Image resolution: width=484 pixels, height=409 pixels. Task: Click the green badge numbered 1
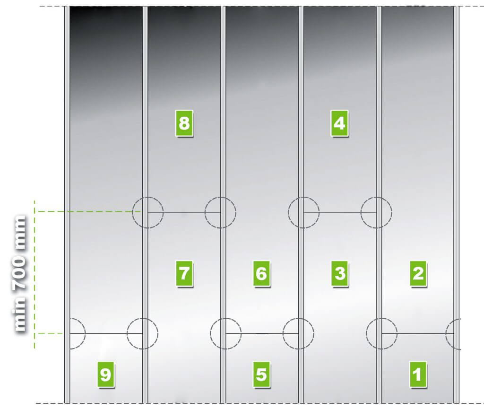pyautogui.click(x=418, y=374)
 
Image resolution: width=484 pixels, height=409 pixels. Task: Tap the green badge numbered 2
pyautogui.click(x=418, y=273)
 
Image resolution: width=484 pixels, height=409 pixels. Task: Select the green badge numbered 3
pyautogui.click(x=340, y=273)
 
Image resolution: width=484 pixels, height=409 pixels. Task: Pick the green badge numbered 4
pyautogui.click(x=339, y=123)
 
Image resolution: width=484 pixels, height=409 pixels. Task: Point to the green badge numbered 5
pyautogui.click(x=261, y=374)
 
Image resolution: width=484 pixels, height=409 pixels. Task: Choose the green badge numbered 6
pyautogui.click(x=261, y=273)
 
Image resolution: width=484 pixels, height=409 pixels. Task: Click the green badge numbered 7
pyautogui.click(x=184, y=273)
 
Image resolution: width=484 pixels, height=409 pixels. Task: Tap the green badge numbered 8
pyautogui.click(x=184, y=123)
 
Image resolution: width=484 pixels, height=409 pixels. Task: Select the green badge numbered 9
pyautogui.click(x=106, y=374)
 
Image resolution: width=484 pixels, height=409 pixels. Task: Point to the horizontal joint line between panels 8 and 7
pyautogui.click(x=184, y=213)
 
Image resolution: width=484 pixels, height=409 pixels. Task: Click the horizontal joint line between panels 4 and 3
pyautogui.click(x=340, y=213)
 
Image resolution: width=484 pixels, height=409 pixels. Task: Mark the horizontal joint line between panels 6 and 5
pyautogui.click(x=262, y=333)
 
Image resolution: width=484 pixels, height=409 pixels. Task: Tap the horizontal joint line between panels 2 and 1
pyautogui.click(x=418, y=334)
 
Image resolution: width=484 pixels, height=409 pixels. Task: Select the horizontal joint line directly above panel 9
pyautogui.click(x=106, y=334)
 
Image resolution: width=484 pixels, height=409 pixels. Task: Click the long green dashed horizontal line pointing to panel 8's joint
pyautogui.click(x=88, y=211)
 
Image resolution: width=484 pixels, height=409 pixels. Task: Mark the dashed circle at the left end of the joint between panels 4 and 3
pyautogui.click(x=304, y=197)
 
